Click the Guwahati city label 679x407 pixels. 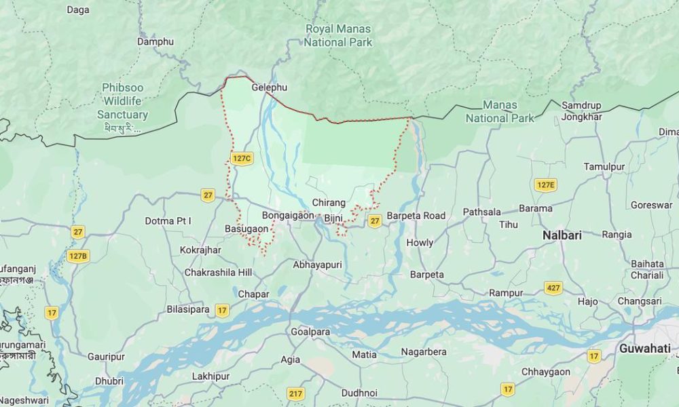[x=644, y=349]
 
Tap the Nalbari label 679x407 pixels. [x=562, y=235]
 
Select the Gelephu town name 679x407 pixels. [x=270, y=88]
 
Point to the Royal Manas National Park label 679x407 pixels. [x=338, y=35]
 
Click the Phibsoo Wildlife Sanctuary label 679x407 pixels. [x=122, y=101]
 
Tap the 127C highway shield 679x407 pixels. [x=242, y=158]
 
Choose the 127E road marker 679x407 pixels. [x=545, y=185]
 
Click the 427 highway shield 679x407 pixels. [x=553, y=288]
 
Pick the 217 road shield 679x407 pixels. [x=296, y=393]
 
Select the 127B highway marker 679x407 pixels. [x=78, y=256]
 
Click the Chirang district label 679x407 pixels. [x=329, y=203]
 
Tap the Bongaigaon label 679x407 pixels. [x=289, y=215]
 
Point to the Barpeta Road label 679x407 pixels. [x=416, y=216]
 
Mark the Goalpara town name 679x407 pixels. [x=310, y=332]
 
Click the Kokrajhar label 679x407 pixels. [x=200, y=250]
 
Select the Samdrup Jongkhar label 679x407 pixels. [x=582, y=111]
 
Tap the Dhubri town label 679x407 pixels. [x=109, y=381]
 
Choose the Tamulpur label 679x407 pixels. [x=604, y=166]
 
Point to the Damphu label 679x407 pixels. [x=155, y=41]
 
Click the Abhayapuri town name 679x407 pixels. [x=317, y=265]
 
